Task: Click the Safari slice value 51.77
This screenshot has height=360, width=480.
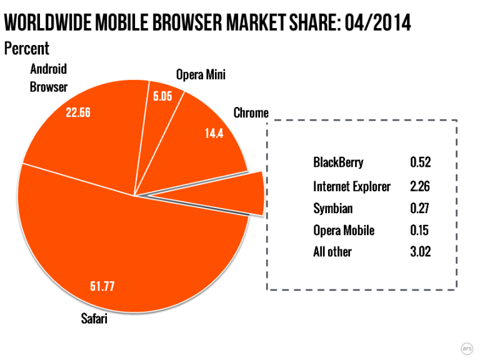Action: (104, 287)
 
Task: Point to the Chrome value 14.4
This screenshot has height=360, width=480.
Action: (214, 132)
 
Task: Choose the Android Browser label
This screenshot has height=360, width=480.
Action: (48, 77)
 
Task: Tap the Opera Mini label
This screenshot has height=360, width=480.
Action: (200, 75)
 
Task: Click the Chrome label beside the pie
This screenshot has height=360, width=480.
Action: (251, 113)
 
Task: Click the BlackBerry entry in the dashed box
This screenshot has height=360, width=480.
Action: (338, 163)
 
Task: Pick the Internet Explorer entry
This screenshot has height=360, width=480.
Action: (352, 186)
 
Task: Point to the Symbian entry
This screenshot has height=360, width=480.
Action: (333, 208)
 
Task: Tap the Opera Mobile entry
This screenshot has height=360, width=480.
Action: (344, 230)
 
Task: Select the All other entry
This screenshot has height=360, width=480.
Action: (332, 252)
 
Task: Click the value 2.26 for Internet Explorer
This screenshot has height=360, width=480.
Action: (421, 186)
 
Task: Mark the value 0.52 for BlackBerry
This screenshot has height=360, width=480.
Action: (421, 163)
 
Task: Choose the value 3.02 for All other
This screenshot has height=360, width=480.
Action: (421, 252)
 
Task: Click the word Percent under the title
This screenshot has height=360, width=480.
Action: (26, 47)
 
